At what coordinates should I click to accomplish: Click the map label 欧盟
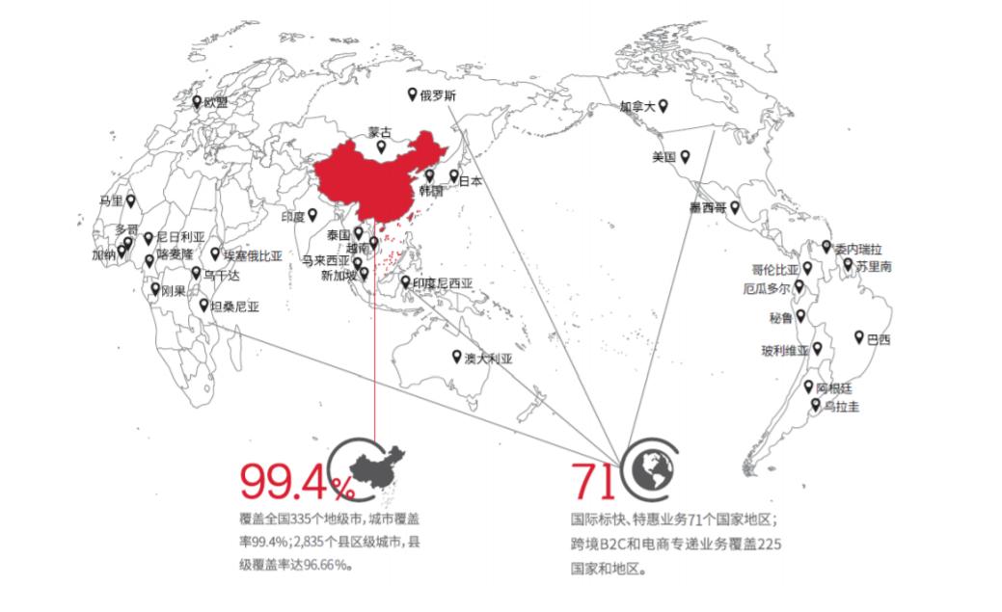click(215, 102)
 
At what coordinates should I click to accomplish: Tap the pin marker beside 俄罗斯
click(412, 94)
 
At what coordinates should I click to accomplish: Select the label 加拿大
click(636, 107)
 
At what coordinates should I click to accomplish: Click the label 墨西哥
click(707, 207)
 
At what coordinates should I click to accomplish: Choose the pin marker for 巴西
click(857, 336)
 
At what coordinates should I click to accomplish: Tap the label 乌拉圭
click(841, 408)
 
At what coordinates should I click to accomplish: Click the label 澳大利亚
click(488, 358)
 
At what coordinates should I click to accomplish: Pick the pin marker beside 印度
click(311, 214)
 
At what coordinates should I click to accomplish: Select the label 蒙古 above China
click(381, 132)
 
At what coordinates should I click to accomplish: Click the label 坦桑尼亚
click(235, 306)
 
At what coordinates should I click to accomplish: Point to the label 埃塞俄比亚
click(253, 255)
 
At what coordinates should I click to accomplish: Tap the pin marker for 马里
click(130, 200)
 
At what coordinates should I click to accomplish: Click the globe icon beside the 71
click(647, 466)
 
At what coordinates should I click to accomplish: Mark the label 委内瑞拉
click(858, 248)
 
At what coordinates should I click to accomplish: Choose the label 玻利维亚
click(785, 350)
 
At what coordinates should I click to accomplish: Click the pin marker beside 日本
click(453, 176)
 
